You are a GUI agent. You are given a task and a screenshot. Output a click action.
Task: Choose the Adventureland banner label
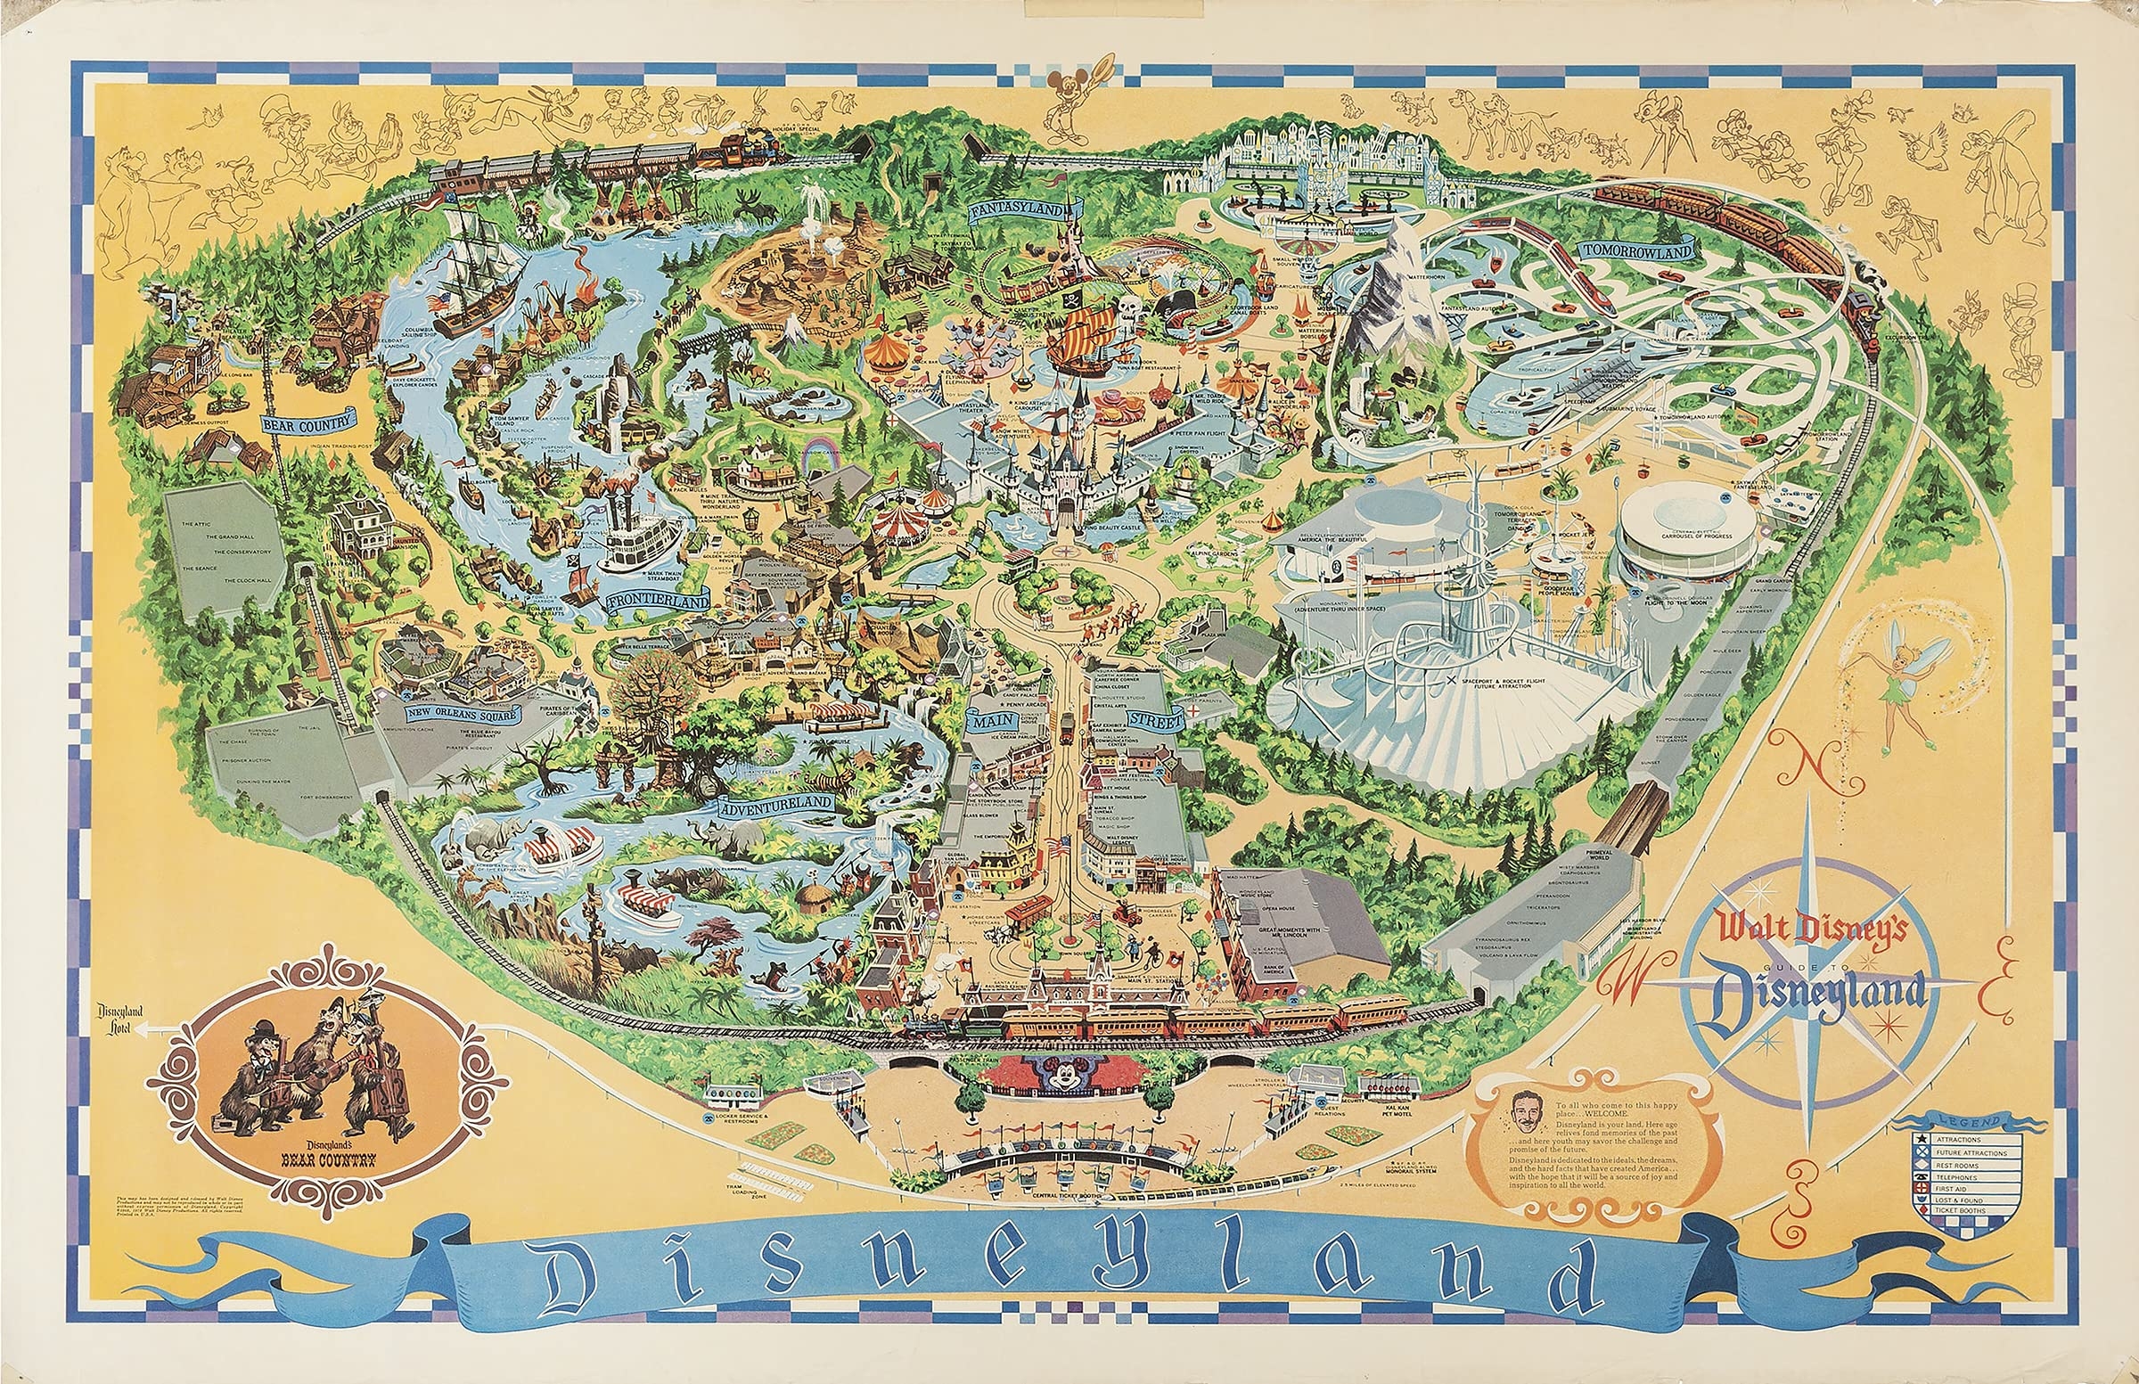[x=774, y=803]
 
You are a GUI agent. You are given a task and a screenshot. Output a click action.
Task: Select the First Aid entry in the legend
[x=1963, y=1188]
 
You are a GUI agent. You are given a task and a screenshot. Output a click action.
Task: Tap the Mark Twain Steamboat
[x=639, y=539]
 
